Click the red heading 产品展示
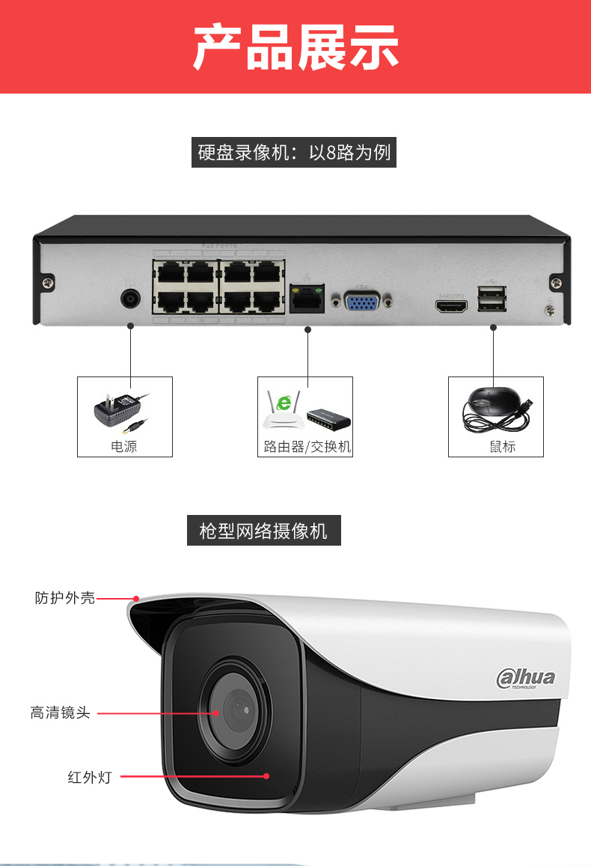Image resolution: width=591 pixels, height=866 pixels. [x=295, y=47]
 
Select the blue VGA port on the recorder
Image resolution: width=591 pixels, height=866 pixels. [x=365, y=301]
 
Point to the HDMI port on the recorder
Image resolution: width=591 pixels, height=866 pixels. [x=451, y=305]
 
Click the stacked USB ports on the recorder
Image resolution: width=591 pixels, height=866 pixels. [x=491, y=299]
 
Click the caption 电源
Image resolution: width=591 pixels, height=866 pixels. [x=124, y=447]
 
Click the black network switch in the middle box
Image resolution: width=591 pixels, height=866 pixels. [x=329, y=417]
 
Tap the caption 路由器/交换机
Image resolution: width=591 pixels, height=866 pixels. [x=307, y=447]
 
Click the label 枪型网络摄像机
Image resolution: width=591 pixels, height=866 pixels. [x=263, y=531]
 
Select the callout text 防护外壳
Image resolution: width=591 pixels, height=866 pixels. [x=65, y=598]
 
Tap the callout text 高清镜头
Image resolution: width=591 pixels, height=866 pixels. [x=60, y=713]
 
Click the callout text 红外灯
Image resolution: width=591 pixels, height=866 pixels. [x=89, y=777]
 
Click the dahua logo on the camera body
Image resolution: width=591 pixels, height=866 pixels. [x=526, y=678]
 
